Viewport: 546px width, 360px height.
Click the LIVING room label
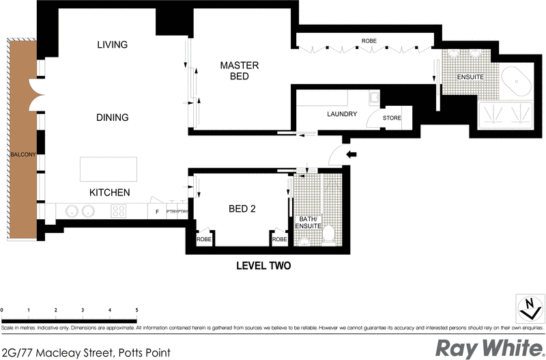(x=113, y=45)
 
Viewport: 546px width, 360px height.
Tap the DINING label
(x=112, y=117)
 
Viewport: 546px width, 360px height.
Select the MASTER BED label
(x=239, y=71)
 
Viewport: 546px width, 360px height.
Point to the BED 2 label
(x=242, y=209)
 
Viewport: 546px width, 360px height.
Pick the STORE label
(x=392, y=118)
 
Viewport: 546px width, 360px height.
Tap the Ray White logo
(x=487, y=348)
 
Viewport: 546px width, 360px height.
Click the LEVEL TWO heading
(x=263, y=266)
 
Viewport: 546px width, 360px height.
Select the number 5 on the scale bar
(x=136, y=311)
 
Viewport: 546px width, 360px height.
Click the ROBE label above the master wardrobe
(x=369, y=41)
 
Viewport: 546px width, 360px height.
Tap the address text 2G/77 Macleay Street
(x=85, y=352)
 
